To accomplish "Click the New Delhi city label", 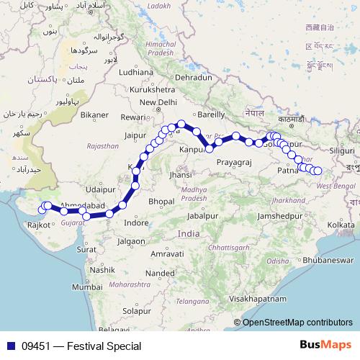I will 158,102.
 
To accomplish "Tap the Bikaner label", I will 94,114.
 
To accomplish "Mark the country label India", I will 189,234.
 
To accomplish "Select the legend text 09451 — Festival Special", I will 81,346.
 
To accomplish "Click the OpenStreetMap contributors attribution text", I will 297,322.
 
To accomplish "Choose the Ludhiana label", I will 137,72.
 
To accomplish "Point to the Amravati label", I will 167,255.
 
